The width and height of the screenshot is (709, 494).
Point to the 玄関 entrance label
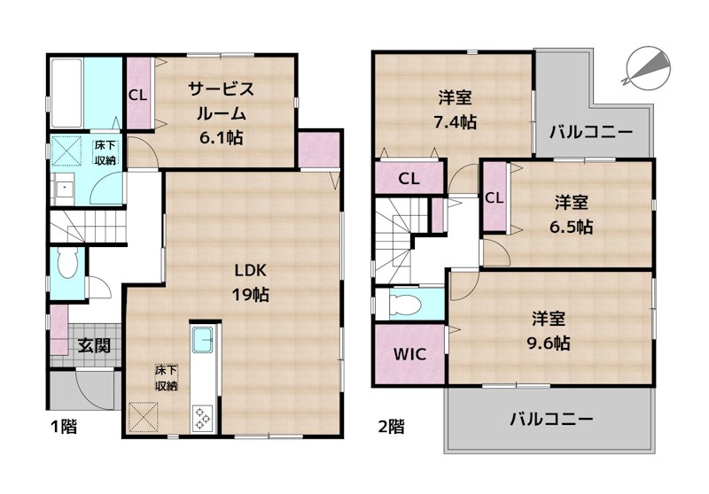(x=92, y=345)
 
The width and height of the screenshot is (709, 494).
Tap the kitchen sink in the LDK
(x=201, y=339)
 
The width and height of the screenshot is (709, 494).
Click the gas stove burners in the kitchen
(x=199, y=415)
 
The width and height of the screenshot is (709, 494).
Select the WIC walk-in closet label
(x=409, y=354)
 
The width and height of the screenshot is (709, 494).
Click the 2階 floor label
(x=392, y=427)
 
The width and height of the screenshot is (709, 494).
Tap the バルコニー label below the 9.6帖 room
(x=551, y=419)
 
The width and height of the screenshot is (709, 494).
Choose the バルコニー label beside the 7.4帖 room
(x=590, y=134)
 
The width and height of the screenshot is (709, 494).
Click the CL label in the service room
(x=138, y=94)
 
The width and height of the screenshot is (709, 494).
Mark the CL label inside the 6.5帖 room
(x=495, y=197)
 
